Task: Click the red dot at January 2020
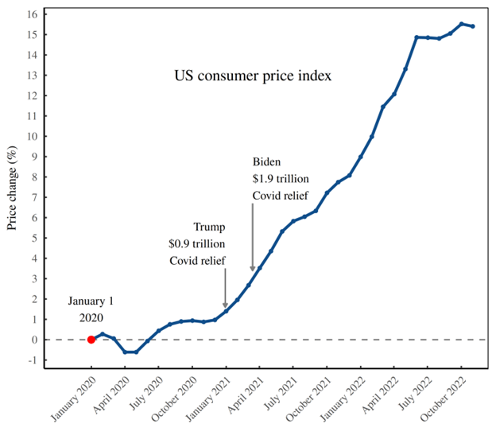pos(91,340)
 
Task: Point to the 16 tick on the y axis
pos(32,14)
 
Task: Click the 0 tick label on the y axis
pos(34,340)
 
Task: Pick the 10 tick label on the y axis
pos(32,136)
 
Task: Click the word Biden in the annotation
pos(268,161)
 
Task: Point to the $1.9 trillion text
pos(281,178)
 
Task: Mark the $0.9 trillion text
pos(197,243)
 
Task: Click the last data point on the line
pos(473,26)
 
